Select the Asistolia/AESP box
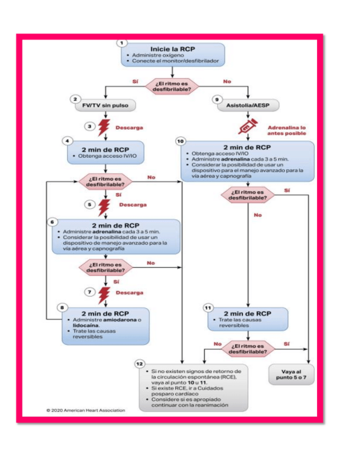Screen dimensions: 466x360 pos(248,104)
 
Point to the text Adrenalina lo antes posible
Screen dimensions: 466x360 pos(286,131)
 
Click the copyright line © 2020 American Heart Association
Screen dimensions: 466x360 pos(86,410)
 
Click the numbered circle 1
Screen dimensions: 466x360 pos(122,42)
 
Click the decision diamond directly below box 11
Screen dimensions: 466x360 pos(248,348)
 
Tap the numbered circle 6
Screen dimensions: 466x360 pos(53,221)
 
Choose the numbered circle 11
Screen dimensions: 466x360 pos(208,308)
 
